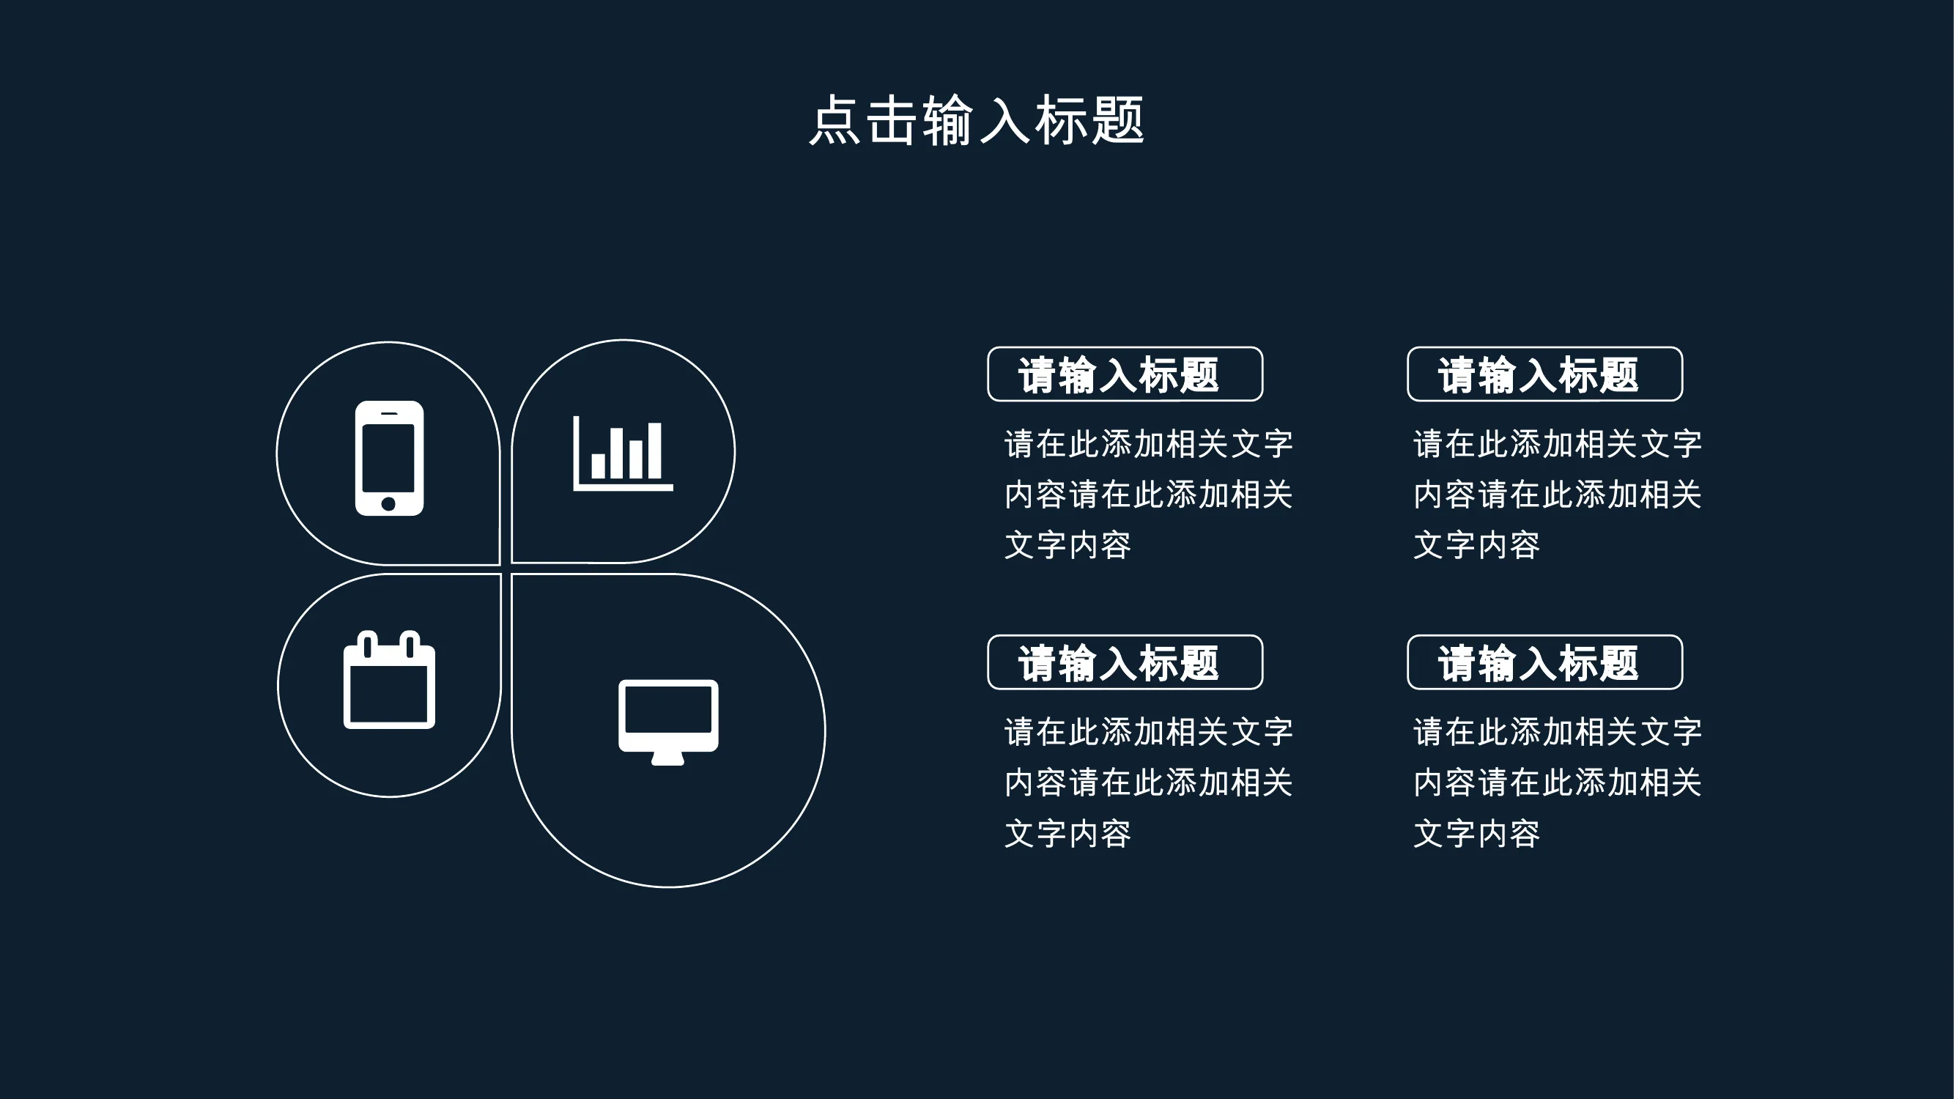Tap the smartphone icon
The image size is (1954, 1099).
(389, 458)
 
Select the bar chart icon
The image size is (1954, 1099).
(623, 453)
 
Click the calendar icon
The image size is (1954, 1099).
(389, 680)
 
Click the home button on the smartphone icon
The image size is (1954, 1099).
(388, 503)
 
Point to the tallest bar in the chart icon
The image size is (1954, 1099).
(654, 451)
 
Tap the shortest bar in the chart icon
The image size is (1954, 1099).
(599, 466)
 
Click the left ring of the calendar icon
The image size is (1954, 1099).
(367, 644)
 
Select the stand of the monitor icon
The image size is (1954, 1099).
(667, 758)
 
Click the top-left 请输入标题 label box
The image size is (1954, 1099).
(1125, 374)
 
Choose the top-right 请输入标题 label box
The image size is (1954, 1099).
(1545, 374)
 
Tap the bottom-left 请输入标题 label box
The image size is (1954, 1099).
(1125, 662)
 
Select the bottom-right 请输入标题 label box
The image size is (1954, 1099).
(1545, 662)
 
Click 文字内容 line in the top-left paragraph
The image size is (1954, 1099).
(1068, 545)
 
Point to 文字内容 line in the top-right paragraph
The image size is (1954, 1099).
(1477, 545)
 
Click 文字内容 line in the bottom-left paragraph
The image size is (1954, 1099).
(1068, 834)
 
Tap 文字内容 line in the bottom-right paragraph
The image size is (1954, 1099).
(1477, 834)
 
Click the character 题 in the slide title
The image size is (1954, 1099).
(1117, 120)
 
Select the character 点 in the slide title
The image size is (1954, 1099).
(835, 120)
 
